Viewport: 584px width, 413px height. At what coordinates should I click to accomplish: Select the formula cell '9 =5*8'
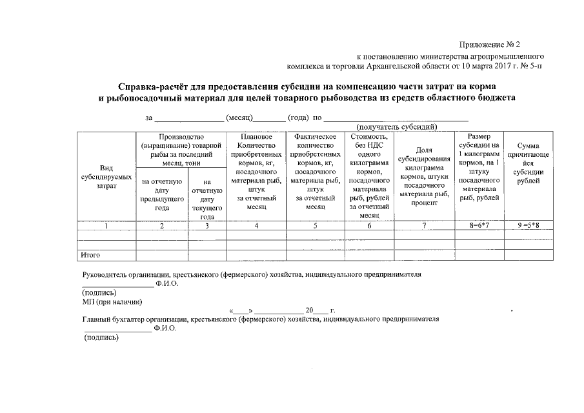(529, 226)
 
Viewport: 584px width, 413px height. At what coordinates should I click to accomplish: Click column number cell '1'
(106, 226)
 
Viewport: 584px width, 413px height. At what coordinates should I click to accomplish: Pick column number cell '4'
(256, 226)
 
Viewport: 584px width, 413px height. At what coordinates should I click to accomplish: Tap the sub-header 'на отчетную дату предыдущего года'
(161, 195)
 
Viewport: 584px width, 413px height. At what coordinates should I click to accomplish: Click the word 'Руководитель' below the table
(106, 274)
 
